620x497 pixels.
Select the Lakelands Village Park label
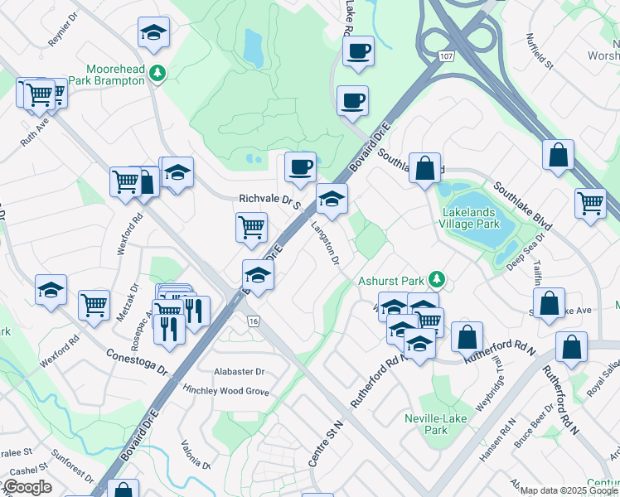(x=471, y=218)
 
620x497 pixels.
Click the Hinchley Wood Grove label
(x=226, y=390)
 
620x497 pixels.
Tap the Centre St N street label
(x=324, y=443)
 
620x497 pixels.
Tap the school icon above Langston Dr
(x=332, y=199)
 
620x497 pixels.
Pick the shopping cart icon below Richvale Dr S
(x=251, y=226)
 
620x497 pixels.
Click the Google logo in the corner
(x=27, y=487)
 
